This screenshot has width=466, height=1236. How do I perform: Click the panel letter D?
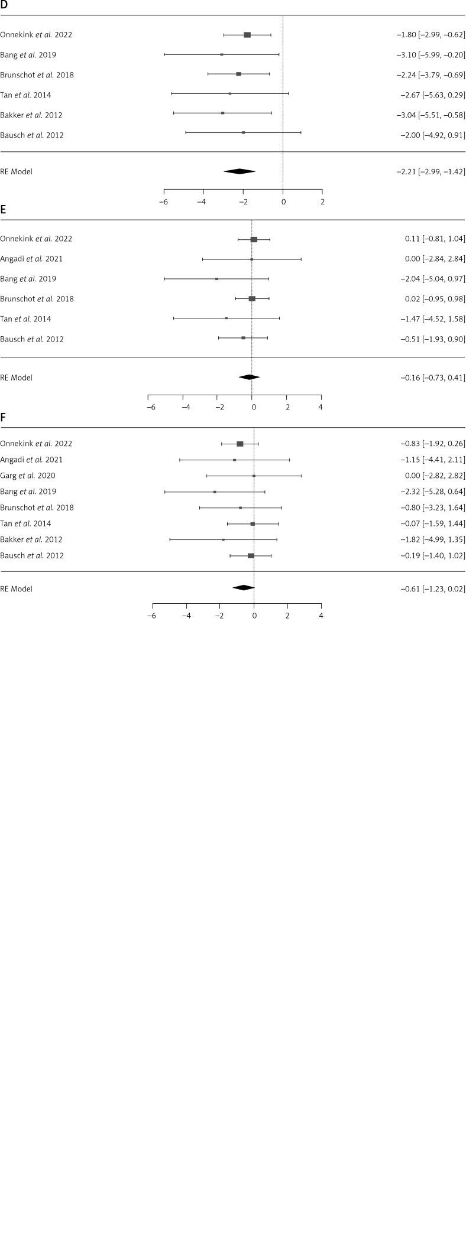4,5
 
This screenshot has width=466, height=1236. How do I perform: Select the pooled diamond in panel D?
240,171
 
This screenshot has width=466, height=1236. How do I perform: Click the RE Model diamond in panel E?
249,377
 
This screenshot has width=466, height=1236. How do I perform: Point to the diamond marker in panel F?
243,587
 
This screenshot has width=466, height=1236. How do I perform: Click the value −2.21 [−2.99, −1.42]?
431,172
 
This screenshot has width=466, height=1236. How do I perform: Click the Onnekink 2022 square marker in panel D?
247,35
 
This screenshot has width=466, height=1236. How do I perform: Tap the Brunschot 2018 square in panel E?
252,299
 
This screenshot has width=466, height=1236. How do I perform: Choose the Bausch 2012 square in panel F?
251,555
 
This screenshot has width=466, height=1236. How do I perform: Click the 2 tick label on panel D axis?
322,202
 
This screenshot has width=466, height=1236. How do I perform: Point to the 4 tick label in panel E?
321,407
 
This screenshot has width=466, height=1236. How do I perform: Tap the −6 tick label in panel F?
151,616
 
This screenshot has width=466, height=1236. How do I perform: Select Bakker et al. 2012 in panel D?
31,115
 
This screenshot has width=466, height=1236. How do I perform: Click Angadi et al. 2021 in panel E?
31,259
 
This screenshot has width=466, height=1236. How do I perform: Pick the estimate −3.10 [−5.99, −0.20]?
431,55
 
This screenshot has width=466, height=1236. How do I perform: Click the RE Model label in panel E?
17,378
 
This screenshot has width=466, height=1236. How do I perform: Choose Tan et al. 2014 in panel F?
25,523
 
